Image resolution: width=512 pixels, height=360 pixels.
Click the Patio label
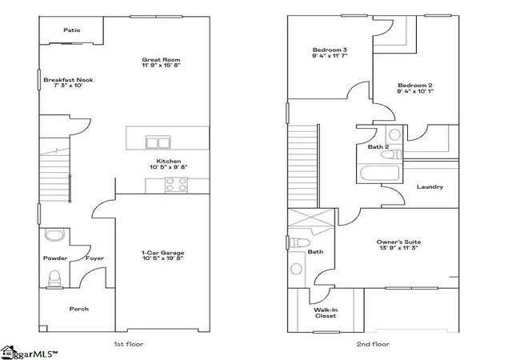(x=72, y=30)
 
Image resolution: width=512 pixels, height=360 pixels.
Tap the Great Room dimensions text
(x=161, y=65)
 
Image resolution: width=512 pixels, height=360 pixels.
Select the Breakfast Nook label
(x=68, y=80)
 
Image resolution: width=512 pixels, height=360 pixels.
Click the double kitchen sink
(x=158, y=142)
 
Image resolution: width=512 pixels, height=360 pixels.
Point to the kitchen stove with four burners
(x=176, y=185)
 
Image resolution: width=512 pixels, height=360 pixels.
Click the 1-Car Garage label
(x=162, y=253)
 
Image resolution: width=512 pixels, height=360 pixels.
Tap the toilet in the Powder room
(x=54, y=278)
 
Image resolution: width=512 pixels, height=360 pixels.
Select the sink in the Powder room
(x=55, y=235)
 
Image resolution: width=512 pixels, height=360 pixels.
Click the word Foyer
(x=94, y=258)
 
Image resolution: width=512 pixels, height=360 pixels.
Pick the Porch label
(x=79, y=309)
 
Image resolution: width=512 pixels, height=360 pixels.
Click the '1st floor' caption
(x=128, y=344)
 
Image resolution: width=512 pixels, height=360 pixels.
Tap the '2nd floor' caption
(x=373, y=344)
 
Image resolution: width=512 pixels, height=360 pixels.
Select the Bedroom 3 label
(x=330, y=50)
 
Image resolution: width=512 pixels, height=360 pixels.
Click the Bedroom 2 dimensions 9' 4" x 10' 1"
(x=415, y=91)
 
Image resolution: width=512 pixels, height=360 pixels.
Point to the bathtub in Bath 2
(x=380, y=173)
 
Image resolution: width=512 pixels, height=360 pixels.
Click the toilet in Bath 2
(x=391, y=154)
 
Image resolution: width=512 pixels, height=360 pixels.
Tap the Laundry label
(x=430, y=187)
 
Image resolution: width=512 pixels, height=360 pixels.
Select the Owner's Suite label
(x=398, y=242)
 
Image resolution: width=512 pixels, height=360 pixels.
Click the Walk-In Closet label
(x=326, y=313)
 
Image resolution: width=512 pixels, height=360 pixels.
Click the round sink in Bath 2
(x=394, y=134)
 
